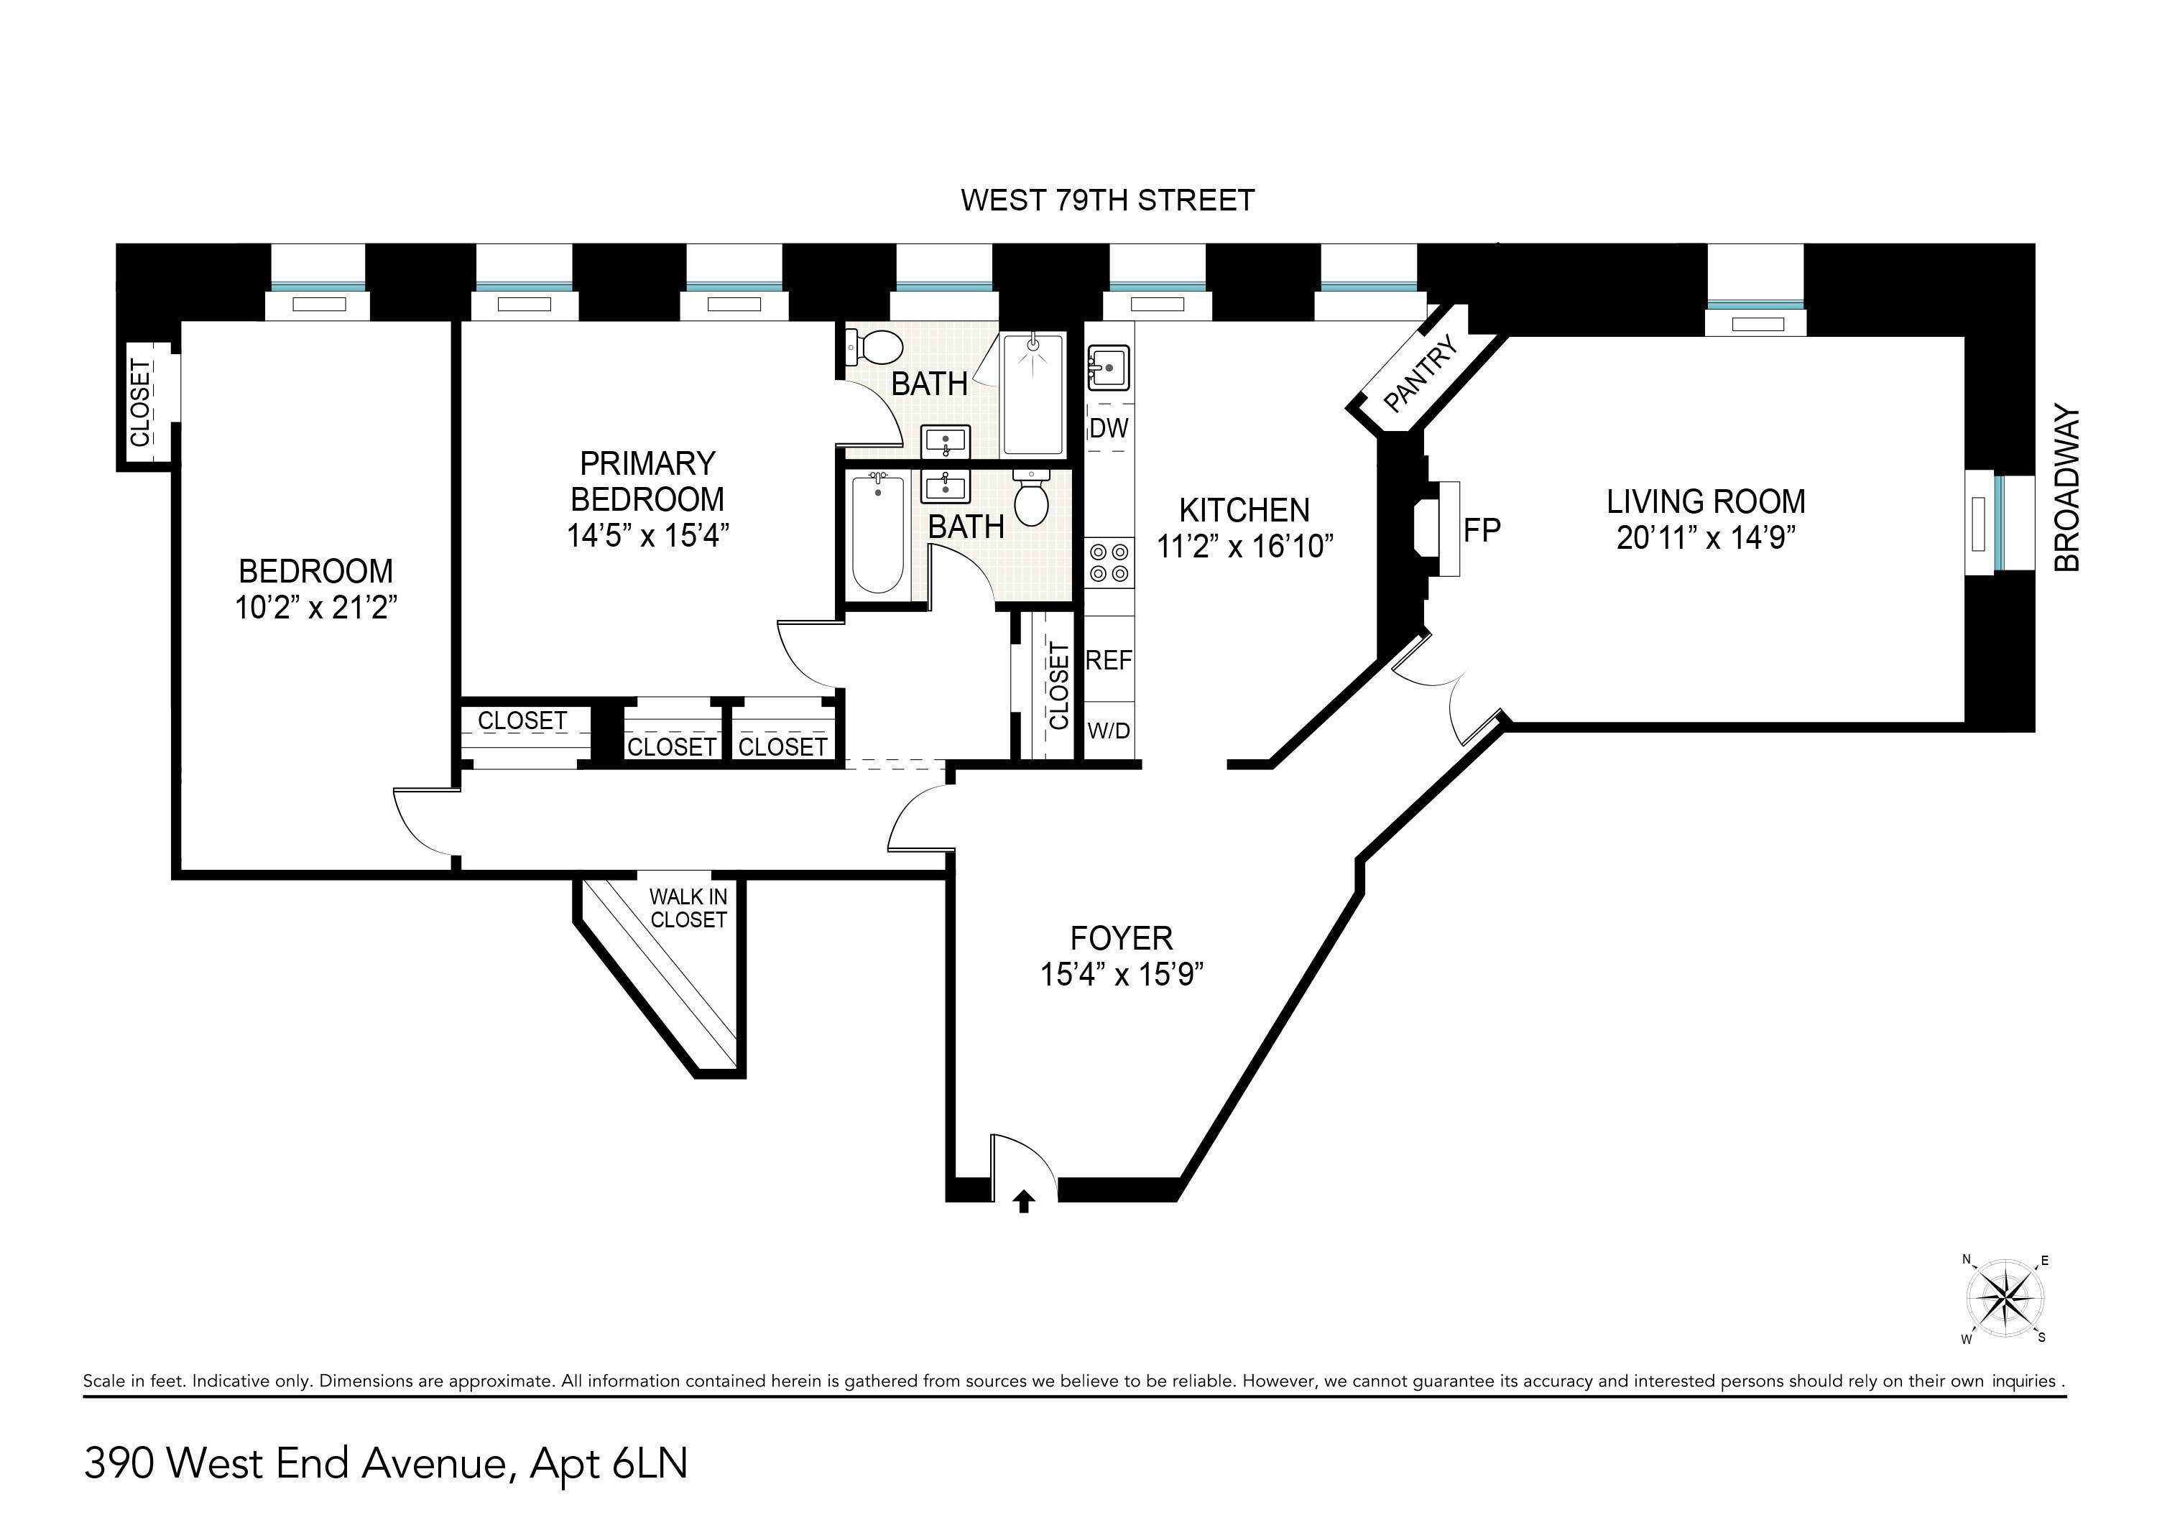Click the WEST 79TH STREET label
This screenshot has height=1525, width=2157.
1107,200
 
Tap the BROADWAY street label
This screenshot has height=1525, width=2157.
2066,489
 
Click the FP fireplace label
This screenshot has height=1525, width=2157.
1482,531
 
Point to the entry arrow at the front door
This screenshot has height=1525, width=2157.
1024,1202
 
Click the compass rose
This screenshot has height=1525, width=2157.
2005,1299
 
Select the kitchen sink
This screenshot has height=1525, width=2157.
1108,366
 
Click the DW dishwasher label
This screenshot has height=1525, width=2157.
1109,429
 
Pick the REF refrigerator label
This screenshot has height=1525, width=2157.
1109,661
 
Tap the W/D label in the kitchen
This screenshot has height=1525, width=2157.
1109,731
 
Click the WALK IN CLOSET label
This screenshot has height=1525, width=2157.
688,908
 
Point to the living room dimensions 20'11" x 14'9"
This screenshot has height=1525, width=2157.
1705,538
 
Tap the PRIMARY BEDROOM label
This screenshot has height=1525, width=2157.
647,481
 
